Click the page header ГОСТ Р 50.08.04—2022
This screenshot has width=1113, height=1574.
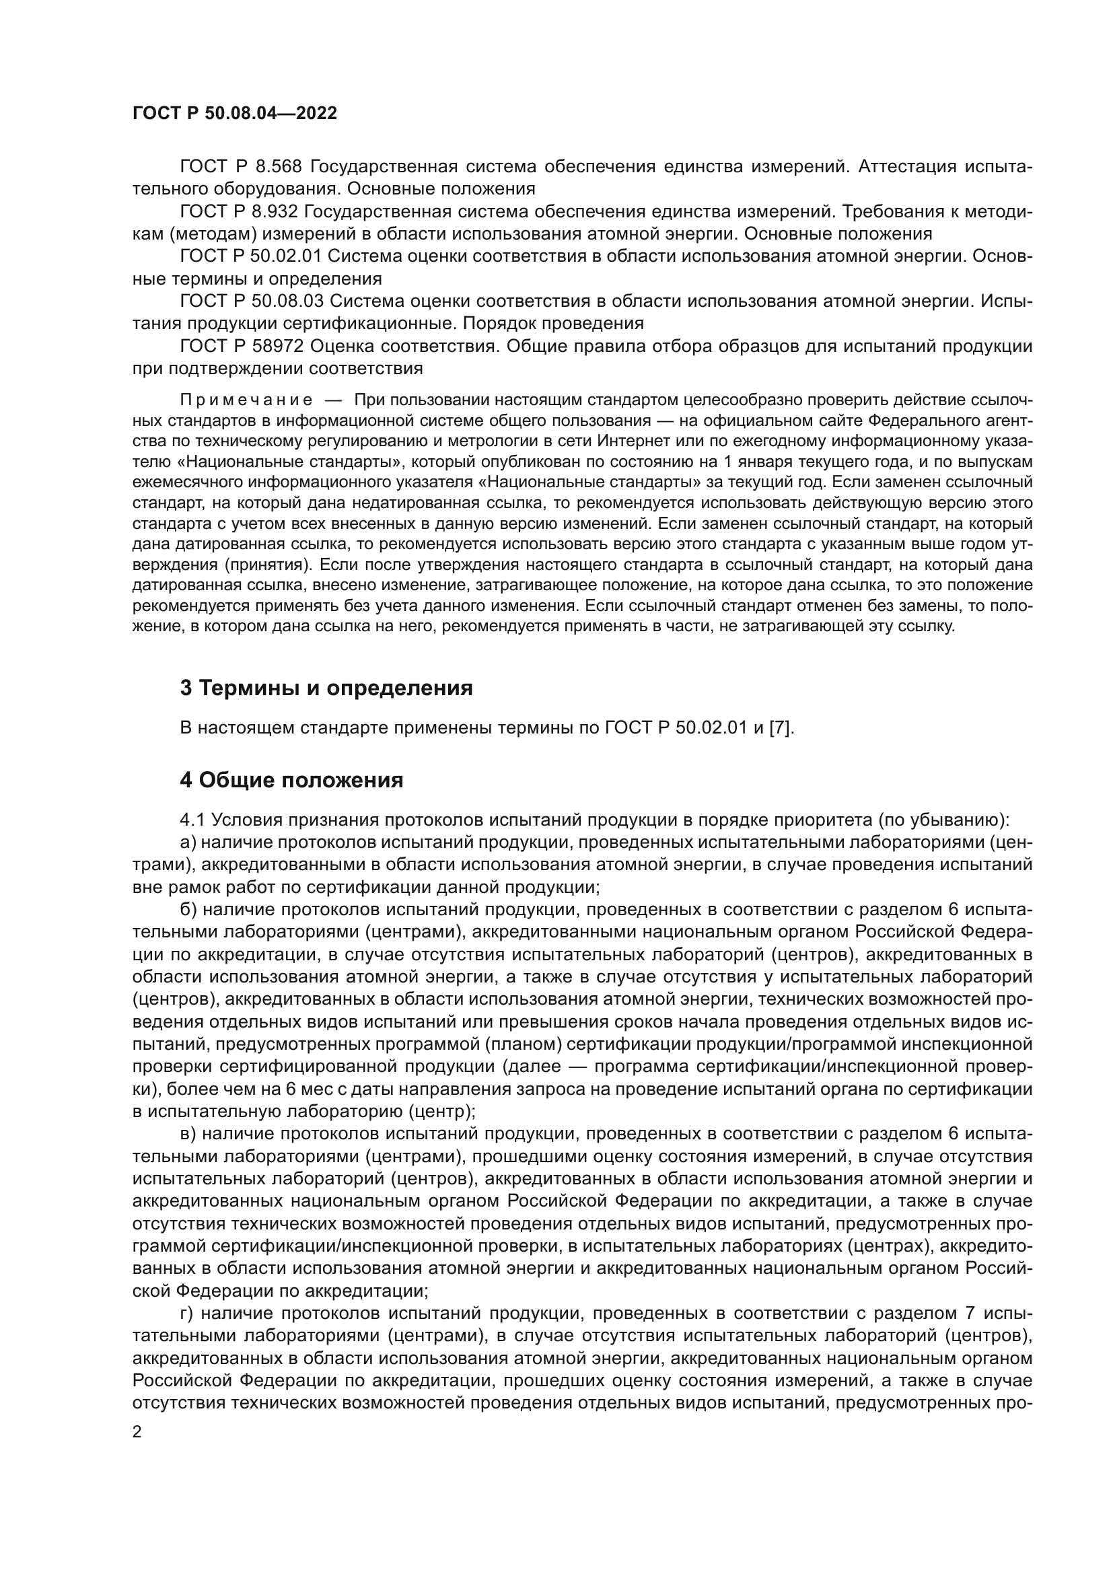pos(234,114)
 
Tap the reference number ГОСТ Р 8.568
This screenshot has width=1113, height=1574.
pos(240,167)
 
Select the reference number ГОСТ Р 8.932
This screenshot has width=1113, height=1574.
pos(240,212)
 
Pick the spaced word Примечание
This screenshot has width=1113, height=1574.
pos(246,400)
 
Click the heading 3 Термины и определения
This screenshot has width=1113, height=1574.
pos(326,688)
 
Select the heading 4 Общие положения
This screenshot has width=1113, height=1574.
pos(291,780)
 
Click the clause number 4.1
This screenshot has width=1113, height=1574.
pos(192,820)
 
